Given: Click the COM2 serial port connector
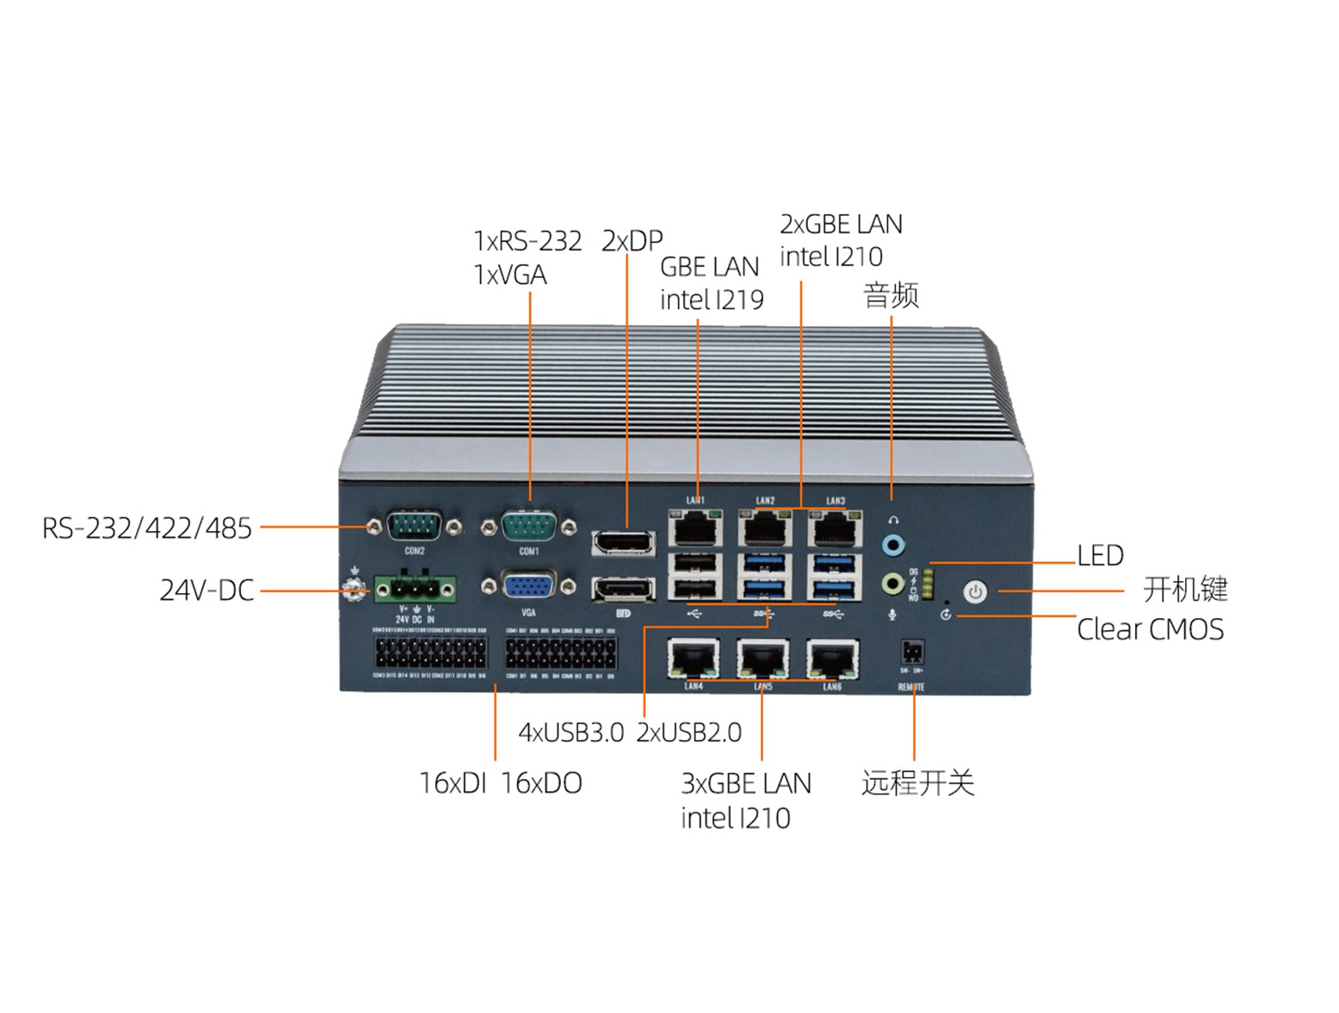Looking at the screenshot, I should [414, 526].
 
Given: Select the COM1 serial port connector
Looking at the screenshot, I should [528, 526].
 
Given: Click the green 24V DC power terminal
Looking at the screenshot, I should [415, 590].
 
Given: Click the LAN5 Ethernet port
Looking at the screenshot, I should [762, 659].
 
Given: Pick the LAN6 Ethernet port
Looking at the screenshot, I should [832, 659].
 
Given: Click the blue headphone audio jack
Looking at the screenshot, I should [894, 545].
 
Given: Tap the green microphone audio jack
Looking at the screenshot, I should [894, 584].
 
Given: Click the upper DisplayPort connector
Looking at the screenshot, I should [623, 543].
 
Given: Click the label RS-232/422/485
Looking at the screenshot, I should [147, 528].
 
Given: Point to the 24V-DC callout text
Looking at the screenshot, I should [207, 590].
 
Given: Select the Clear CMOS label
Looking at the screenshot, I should [1150, 629].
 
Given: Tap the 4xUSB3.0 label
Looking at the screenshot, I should [571, 732].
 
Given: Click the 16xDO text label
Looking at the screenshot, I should [541, 783].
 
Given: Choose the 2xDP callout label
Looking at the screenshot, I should [632, 241].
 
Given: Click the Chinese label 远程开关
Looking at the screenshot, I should [917, 783].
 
